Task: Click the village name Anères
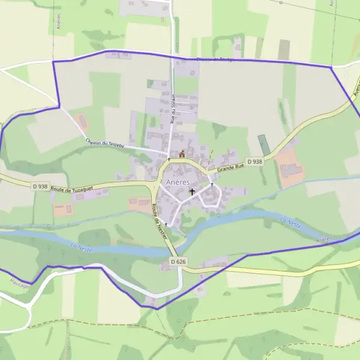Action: [177, 182]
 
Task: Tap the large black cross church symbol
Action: [192, 193]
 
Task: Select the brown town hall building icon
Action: [182, 154]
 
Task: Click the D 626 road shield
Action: [178, 262]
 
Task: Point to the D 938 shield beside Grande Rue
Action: [254, 161]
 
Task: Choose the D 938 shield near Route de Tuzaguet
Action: [40, 187]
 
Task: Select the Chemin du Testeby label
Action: [104, 143]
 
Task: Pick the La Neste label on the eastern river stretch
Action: [290, 223]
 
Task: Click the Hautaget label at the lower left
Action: [10, 287]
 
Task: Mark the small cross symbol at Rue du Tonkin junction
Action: [169, 159]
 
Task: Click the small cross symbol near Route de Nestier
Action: [166, 224]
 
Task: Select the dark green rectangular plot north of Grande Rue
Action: [264, 145]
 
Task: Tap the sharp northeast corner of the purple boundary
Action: [331, 67]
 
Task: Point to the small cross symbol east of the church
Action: [212, 185]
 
